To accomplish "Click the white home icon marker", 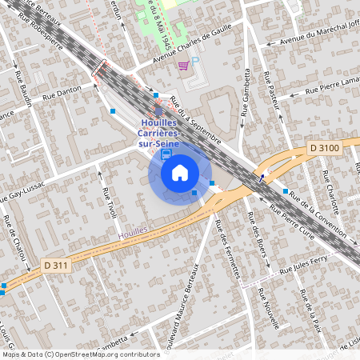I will click(x=180, y=173).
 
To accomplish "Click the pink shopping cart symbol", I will click(x=184, y=66).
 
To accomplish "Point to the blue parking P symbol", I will click(x=195, y=60).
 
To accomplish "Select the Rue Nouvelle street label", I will click(x=268, y=307).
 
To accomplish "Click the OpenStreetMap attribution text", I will click(x=81, y=354).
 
